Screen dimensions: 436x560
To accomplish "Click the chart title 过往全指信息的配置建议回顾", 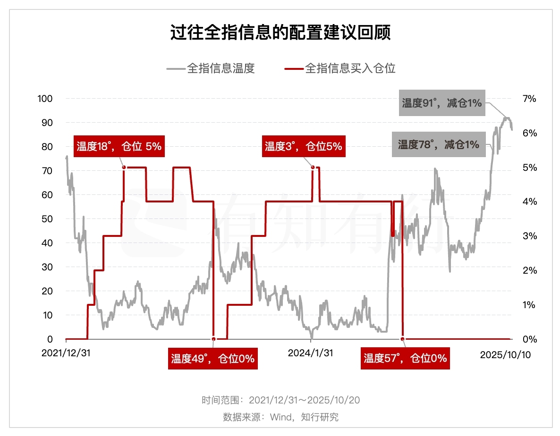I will pos(280,34).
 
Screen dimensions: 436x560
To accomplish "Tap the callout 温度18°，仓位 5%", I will pos(119,146).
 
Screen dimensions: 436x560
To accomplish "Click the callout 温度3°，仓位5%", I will pos(303,146).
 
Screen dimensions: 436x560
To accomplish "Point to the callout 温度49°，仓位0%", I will pos(212,359).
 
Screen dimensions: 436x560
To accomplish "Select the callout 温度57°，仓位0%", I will pos(405,359).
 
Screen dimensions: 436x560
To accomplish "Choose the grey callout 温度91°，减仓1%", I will pos(441,103).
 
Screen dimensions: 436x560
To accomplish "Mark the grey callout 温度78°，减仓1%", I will pos(438,144).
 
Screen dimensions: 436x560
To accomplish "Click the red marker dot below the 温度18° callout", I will pos(124,167).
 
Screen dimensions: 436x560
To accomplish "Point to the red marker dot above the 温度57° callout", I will pos(402,339).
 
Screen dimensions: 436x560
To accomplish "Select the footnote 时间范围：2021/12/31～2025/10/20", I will pos(280,400).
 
